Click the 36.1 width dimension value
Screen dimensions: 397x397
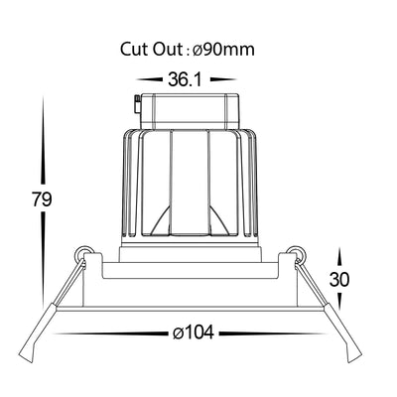(185, 79)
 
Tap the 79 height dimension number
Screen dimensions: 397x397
(42, 199)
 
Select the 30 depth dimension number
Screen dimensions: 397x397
(339, 280)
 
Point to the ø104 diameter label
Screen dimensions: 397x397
(194, 332)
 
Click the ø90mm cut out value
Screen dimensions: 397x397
(223, 50)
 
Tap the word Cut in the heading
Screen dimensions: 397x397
(134, 50)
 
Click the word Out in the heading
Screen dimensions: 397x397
(168, 50)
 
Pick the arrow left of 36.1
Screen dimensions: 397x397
(150, 79)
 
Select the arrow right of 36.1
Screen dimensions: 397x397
(223, 79)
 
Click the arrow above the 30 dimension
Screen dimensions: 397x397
(339, 258)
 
